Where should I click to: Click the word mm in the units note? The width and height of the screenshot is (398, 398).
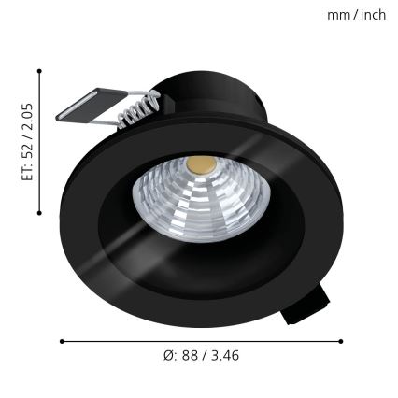coord(337,15)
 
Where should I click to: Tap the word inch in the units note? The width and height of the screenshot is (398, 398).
coord(373,15)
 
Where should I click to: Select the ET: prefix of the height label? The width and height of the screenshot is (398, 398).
coord(28,169)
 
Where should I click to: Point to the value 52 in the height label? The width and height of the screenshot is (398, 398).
coord(28,145)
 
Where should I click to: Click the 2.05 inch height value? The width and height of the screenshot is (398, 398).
coord(28,115)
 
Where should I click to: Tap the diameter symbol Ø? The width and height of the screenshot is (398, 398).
coord(169,356)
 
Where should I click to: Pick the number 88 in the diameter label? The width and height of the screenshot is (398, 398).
coord(191,356)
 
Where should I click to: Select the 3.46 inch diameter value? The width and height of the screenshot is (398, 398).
coord(224,356)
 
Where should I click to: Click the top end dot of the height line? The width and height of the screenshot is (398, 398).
coord(39,70)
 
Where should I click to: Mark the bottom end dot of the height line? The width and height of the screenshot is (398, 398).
coord(39,213)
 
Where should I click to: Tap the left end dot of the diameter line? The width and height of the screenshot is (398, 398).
coord(62,341)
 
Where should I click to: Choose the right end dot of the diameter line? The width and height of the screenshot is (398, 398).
coord(340,341)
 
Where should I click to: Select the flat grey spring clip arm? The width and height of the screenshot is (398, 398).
coord(89,104)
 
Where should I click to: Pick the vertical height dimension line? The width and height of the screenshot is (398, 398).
coord(39,140)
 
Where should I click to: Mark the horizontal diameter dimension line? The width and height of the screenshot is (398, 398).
coord(201,341)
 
